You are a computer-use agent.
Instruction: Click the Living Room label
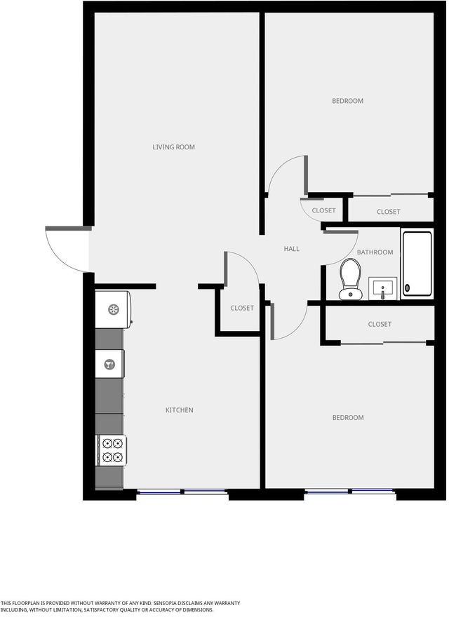pos(174,147)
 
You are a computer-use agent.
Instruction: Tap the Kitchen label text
pos(179,410)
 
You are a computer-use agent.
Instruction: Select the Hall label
pos(291,249)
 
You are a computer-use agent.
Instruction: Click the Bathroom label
pos(375,252)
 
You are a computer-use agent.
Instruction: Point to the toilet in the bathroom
pos(350,279)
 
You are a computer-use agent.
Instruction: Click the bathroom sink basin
pos(383,288)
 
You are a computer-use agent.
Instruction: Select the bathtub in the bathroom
pos(417,264)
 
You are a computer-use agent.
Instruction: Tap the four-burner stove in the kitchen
pos(112,451)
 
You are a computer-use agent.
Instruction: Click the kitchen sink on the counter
pos(110,365)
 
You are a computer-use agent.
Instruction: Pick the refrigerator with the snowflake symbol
pos(113,309)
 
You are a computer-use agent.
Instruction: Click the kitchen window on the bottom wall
pos(182,491)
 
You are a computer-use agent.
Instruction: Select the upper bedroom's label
pos(348,101)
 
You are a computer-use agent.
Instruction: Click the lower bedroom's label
pos(348,417)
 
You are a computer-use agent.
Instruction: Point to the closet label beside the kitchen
pos(242,308)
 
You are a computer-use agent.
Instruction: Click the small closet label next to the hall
pos(323,210)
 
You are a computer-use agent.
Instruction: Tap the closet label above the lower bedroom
pos(380,324)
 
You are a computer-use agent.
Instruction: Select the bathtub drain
pos(407,288)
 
